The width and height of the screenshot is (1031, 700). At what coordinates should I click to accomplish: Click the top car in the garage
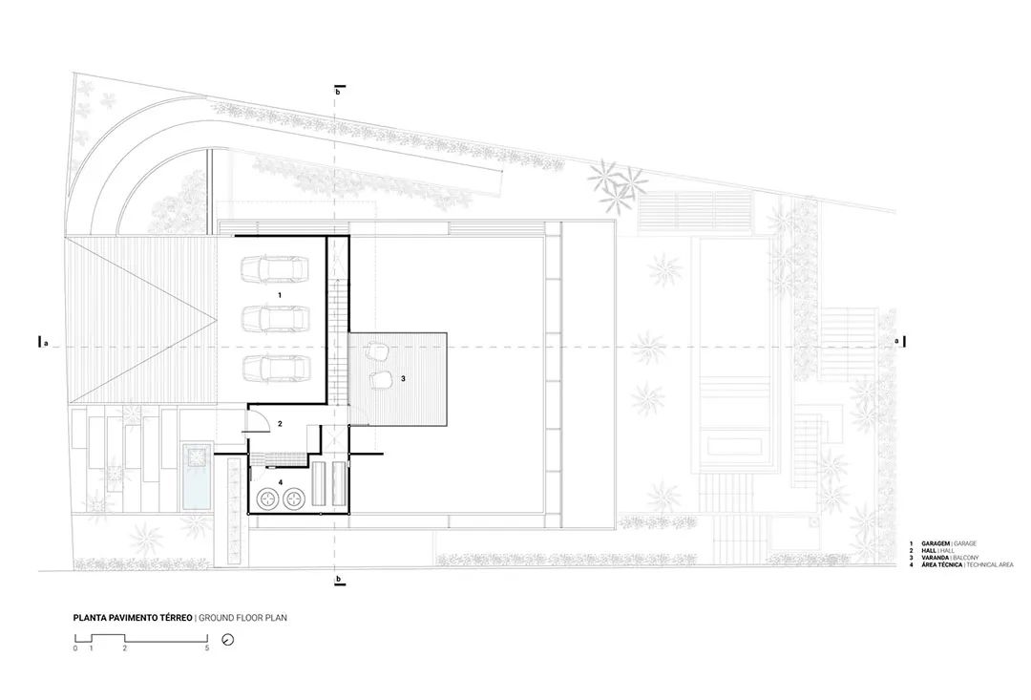[x=274, y=269]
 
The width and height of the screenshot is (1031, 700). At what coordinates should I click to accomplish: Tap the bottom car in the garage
[x=274, y=368]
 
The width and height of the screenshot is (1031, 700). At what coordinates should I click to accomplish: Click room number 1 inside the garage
[x=279, y=296]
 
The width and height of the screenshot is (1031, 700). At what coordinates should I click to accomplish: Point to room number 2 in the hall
[x=280, y=422]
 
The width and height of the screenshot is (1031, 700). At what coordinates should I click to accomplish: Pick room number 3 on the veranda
[x=404, y=379]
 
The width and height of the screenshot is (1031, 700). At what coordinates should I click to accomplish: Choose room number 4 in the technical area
[x=280, y=482]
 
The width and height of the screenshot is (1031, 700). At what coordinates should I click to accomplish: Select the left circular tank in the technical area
[x=266, y=498]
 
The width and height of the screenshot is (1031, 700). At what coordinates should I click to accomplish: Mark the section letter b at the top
[x=338, y=93]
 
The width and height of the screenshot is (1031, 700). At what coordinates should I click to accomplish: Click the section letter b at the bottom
[x=338, y=580]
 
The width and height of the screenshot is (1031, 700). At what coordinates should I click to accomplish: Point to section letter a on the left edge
[x=46, y=344]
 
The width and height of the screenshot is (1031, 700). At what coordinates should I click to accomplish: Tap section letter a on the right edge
[x=895, y=341]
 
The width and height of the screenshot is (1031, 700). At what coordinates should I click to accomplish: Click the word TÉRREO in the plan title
[x=173, y=618]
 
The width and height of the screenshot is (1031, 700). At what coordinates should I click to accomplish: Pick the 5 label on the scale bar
[x=207, y=648]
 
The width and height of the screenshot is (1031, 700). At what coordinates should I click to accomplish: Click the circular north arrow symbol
[x=227, y=640]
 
